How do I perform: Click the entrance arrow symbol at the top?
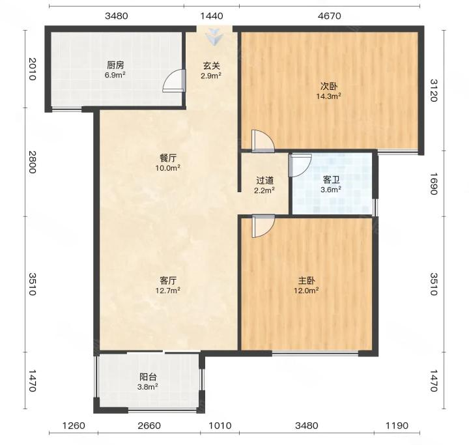point(214,37)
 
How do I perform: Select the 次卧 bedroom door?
point(263,141)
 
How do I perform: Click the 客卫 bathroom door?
point(300,165)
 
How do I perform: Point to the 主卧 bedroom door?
point(263,226)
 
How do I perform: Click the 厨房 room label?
point(115,65)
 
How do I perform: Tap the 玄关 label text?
point(212,65)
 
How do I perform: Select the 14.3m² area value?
point(329,96)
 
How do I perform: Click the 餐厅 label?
point(168,158)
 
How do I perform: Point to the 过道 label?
point(264,180)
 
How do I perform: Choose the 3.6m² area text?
point(331,190)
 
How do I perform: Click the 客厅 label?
point(168,280)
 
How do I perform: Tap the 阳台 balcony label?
point(148,377)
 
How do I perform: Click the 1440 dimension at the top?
point(212,16)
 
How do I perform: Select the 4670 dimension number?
point(330,16)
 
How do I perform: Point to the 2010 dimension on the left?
point(32,69)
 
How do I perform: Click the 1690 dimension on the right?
point(434,184)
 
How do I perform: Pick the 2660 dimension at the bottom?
point(149,425)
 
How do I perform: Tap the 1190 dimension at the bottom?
point(397,425)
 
